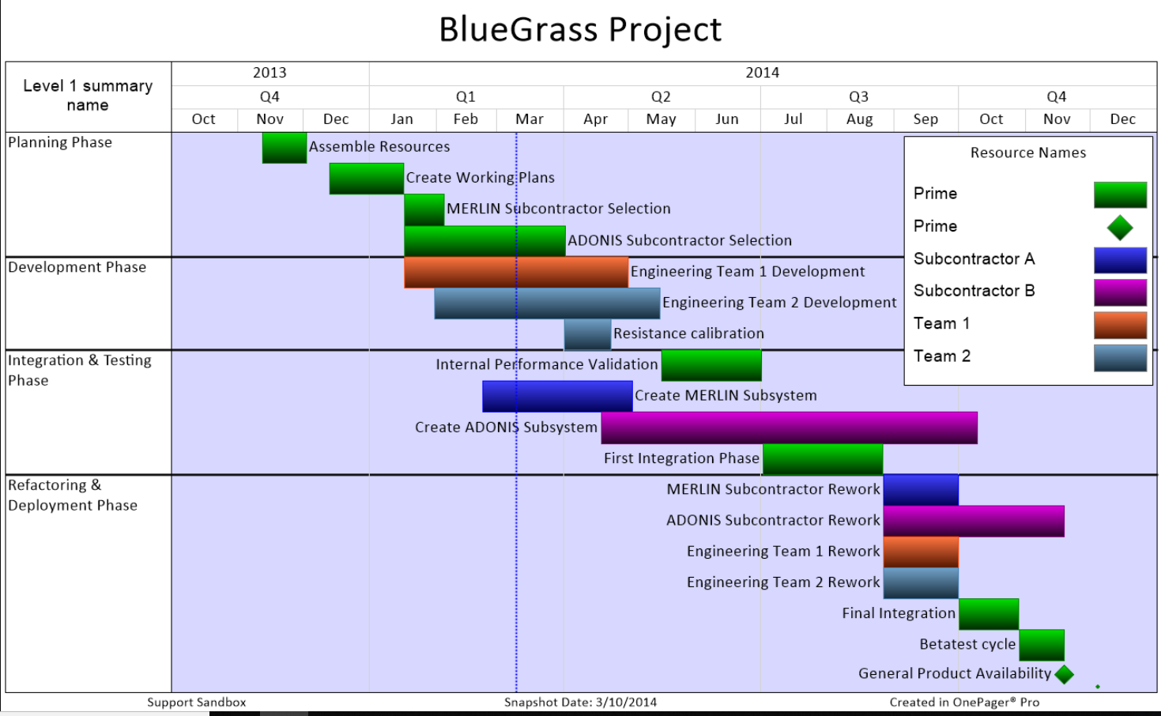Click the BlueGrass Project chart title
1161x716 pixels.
(x=579, y=30)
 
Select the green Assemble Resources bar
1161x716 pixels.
(x=284, y=148)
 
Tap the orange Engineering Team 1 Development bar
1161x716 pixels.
(x=515, y=272)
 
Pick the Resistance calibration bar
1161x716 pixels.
(x=587, y=334)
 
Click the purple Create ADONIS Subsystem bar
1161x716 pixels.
(x=789, y=428)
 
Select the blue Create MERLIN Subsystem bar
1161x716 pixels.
(x=557, y=396)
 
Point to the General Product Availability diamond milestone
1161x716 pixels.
(x=1064, y=674)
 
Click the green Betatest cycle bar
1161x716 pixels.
(x=1042, y=645)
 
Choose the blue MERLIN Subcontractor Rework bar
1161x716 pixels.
(x=921, y=490)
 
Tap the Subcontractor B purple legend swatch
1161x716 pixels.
(x=1120, y=292)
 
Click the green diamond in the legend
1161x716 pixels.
(x=1120, y=228)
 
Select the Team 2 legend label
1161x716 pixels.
(x=941, y=356)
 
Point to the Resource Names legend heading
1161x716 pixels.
(x=1027, y=153)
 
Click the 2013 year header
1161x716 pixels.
(x=270, y=73)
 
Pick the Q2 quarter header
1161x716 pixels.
(x=661, y=96)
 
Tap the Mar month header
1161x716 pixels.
(x=529, y=119)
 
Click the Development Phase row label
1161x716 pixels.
(x=77, y=267)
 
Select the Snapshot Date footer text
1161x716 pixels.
(x=580, y=702)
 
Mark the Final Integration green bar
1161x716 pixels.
(x=988, y=614)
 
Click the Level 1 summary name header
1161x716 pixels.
(x=88, y=96)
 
